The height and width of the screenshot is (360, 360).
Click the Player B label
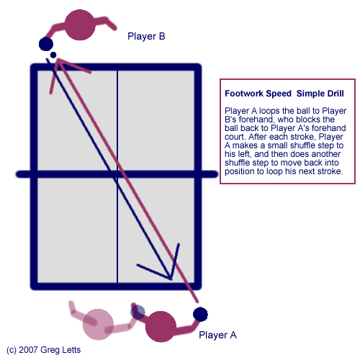[147, 36]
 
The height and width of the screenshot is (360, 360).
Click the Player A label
[217, 335]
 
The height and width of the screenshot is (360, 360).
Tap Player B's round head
[81, 25]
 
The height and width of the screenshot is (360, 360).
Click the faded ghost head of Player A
[98, 325]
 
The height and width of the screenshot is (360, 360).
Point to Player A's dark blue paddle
[200, 314]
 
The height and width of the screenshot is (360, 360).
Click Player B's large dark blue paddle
[46, 44]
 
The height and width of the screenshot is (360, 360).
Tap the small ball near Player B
[53, 55]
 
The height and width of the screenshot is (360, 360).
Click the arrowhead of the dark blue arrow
[169, 274]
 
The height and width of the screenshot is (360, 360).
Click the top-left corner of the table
[34, 68]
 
